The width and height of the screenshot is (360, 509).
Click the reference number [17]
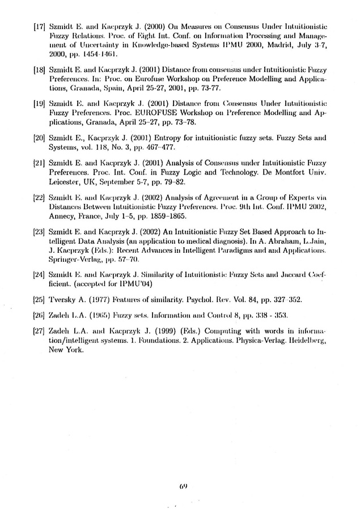point(40,26)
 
